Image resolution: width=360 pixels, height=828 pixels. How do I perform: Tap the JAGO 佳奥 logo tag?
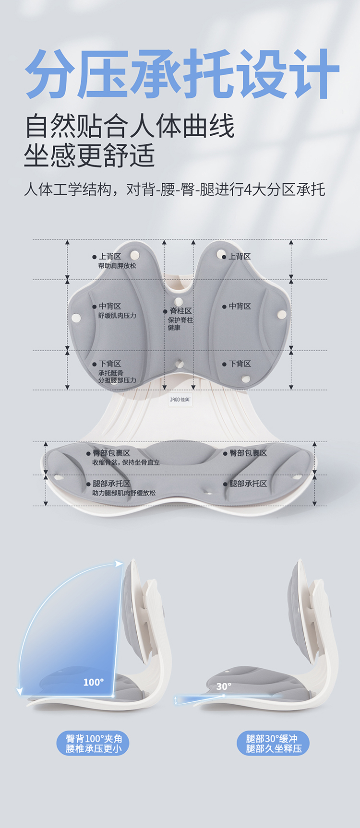tap(180, 399)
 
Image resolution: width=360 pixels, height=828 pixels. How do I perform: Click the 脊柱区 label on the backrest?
tap(181, 311)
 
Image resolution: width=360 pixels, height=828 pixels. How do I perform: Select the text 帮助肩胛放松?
tap(117, 266)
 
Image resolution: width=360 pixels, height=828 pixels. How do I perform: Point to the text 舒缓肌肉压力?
tap(117, 316)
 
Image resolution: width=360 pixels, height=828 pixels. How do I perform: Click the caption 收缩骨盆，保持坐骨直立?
tap(126, 462)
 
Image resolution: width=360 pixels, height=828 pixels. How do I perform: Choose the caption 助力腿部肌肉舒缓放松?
tap(124, 493)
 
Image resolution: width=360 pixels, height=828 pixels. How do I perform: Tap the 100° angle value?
tap(93, 682)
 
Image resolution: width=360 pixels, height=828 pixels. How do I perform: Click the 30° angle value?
tap(224, 686)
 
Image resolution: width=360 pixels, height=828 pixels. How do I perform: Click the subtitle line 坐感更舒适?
tap(89, 156)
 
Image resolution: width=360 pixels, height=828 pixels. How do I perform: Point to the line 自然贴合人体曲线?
tap(130, 127)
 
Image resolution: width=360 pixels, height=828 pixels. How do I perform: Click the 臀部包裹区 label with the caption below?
tap(111, 453)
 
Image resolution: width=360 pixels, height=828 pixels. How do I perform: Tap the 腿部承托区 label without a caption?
tap(248, 484)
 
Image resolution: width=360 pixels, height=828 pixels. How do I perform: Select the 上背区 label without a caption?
tap(240, 257)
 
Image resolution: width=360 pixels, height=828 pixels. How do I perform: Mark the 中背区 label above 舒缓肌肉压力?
tap(110, 306)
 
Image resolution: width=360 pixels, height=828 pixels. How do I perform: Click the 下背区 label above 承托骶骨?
tap(110, 364)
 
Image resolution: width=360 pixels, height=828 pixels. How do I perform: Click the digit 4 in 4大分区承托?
tap(248, 189)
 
